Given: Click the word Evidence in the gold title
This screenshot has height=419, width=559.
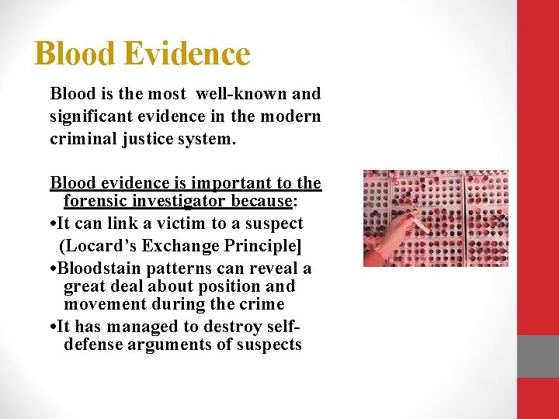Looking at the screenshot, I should [x=186, y=54].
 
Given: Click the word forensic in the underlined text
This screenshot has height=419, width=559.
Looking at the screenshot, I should [x=95, y=202].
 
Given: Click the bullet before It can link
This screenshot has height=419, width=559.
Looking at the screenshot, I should [x=53, y=224].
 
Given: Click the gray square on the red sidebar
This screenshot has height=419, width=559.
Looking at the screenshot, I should [x=538, y=356].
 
